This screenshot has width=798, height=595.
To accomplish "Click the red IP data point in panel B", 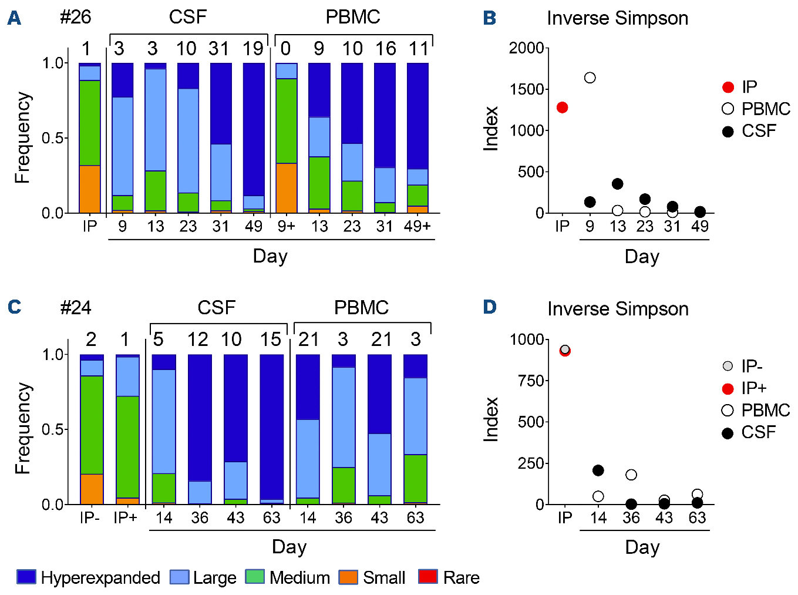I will (x=563, y=107).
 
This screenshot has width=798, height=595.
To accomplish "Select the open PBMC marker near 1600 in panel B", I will (x=590, y=78).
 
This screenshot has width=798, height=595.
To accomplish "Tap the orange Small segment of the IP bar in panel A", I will (x=90, y=189).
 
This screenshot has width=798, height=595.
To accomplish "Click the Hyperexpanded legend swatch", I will (x=26, y=577).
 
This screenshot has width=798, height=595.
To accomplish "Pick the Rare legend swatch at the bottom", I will (x=427, y=577).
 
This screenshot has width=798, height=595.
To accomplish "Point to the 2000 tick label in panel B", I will (x=526, y=48).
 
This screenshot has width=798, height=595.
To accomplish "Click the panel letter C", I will (x=14, y=307).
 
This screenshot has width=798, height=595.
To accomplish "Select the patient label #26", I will (x=76, y=17).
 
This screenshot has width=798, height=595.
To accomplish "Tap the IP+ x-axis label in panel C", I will (x=126, y=518).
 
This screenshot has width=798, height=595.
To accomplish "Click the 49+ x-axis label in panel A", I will (x=417, y=226).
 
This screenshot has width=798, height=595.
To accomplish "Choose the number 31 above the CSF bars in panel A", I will (x=219, y=49).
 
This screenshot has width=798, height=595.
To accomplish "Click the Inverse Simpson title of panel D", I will (x=618, y=309).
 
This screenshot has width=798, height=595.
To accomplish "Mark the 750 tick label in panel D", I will (x=527, y=381).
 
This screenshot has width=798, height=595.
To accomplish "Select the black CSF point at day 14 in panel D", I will (x=598, y=470).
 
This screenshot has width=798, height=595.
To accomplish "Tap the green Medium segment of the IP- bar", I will (x=92, y=425).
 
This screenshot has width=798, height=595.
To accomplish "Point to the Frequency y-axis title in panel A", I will (x=22, y=137).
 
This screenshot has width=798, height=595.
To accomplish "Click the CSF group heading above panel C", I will (x=216, y=307).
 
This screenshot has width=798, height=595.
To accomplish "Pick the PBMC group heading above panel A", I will (x=353, y=17).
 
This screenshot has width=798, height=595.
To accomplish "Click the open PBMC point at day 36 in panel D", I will (x=631, y=475).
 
